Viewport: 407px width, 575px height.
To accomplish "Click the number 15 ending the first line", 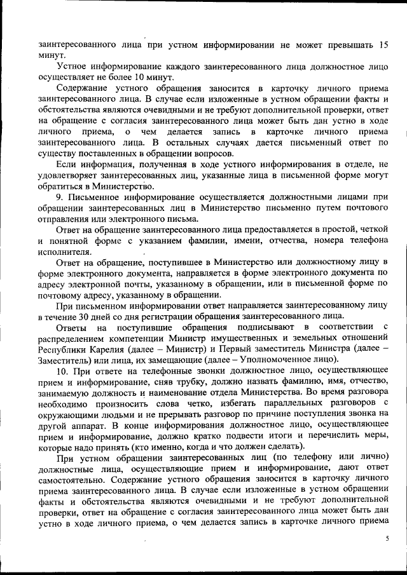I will [383, 46].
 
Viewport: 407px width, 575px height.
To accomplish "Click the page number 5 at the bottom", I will [387, 538].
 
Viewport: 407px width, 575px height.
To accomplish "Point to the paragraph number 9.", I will [59, 198].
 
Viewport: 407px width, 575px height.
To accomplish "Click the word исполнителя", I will [65, 251].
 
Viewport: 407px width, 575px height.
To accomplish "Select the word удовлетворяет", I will [72, 175].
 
